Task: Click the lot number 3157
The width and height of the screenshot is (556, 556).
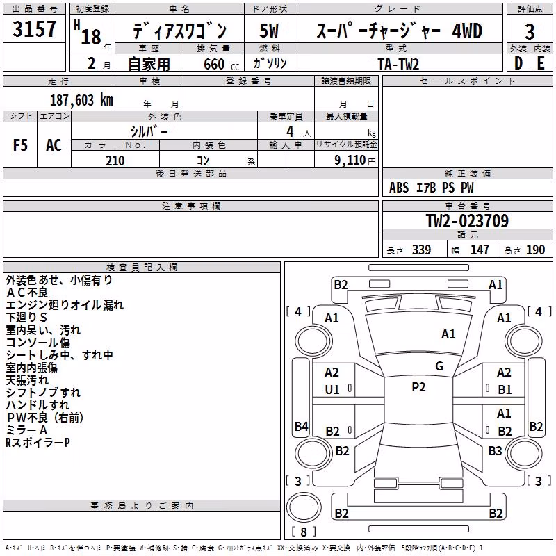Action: pos(34,28)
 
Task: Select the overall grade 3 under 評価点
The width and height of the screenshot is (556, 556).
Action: pos(530,31)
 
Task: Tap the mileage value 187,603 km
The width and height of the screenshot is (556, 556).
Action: pos(81,100)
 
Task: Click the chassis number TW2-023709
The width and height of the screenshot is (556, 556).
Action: pos(467,221)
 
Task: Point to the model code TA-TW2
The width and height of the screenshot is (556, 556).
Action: pos(398,64)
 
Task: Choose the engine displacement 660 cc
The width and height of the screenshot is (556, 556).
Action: pos(221,64)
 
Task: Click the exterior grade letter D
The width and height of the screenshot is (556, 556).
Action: pos(518,63)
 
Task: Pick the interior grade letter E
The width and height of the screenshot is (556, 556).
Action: pos(541,63)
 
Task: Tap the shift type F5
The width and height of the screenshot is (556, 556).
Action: pos(20,145)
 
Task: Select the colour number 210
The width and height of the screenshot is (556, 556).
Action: pos(115,161)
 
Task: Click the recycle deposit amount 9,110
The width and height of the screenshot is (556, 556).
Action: pos(350,161)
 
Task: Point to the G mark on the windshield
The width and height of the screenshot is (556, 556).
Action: pos(439,366)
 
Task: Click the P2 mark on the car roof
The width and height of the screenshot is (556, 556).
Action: pos(418,387)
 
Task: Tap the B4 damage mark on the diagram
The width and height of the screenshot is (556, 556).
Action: pos(301,426)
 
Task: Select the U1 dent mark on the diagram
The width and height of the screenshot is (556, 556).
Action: pos(332,390)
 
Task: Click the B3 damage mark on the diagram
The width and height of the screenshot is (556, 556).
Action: pos(495,451)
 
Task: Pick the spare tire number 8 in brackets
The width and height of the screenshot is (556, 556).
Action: pos(304,532)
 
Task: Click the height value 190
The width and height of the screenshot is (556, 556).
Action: pos(535,250)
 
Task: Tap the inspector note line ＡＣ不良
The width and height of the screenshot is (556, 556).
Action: pos(27,293)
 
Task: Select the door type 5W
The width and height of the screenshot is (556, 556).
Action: pos(269,31)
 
